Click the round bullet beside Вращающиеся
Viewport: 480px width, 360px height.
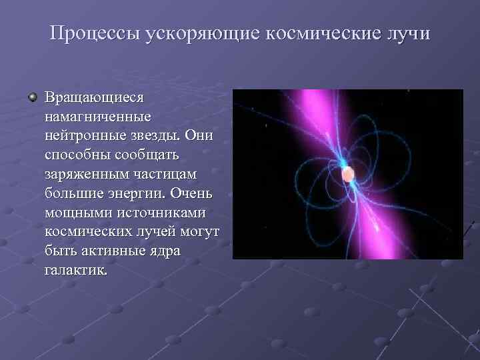click(32, 98)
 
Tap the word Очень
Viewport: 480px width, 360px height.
click(193, 194)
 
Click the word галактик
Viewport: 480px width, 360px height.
click(75, 271)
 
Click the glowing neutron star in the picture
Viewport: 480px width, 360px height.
click(347, 175)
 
